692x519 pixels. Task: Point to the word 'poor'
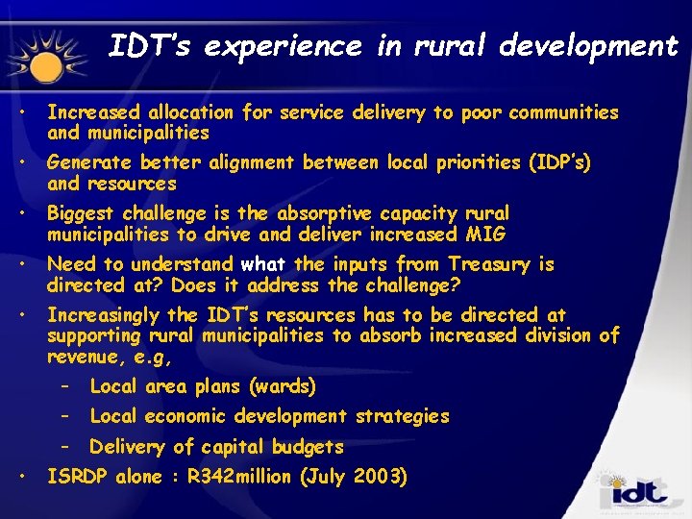click(x=482, y=112)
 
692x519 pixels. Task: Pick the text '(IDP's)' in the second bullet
click(x=559, y=163)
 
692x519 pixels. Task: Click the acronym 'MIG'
click(x=489, y=235)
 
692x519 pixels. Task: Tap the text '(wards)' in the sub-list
click(x=282, y=386)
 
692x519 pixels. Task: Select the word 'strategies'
click(x=402, y=416)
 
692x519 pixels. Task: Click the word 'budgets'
click(x=307, y=446)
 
